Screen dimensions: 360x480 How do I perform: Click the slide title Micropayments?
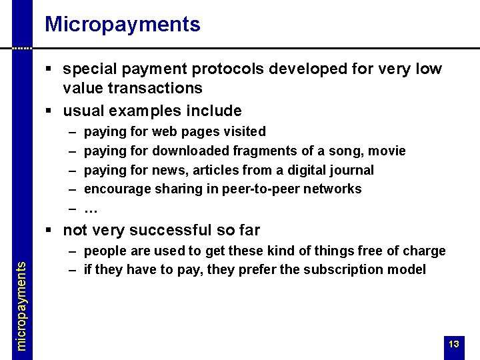(x=123, y=25)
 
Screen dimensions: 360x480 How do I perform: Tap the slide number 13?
(x=454, y=345)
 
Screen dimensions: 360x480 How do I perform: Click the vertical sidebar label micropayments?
(x=21, y=304)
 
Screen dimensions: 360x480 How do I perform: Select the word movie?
(x=387, y=151)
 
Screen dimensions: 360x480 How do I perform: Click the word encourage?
(x=118, y=189)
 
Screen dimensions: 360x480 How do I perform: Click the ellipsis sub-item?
(x=92, y=209)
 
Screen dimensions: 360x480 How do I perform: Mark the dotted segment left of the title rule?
(x=22, y=49)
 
